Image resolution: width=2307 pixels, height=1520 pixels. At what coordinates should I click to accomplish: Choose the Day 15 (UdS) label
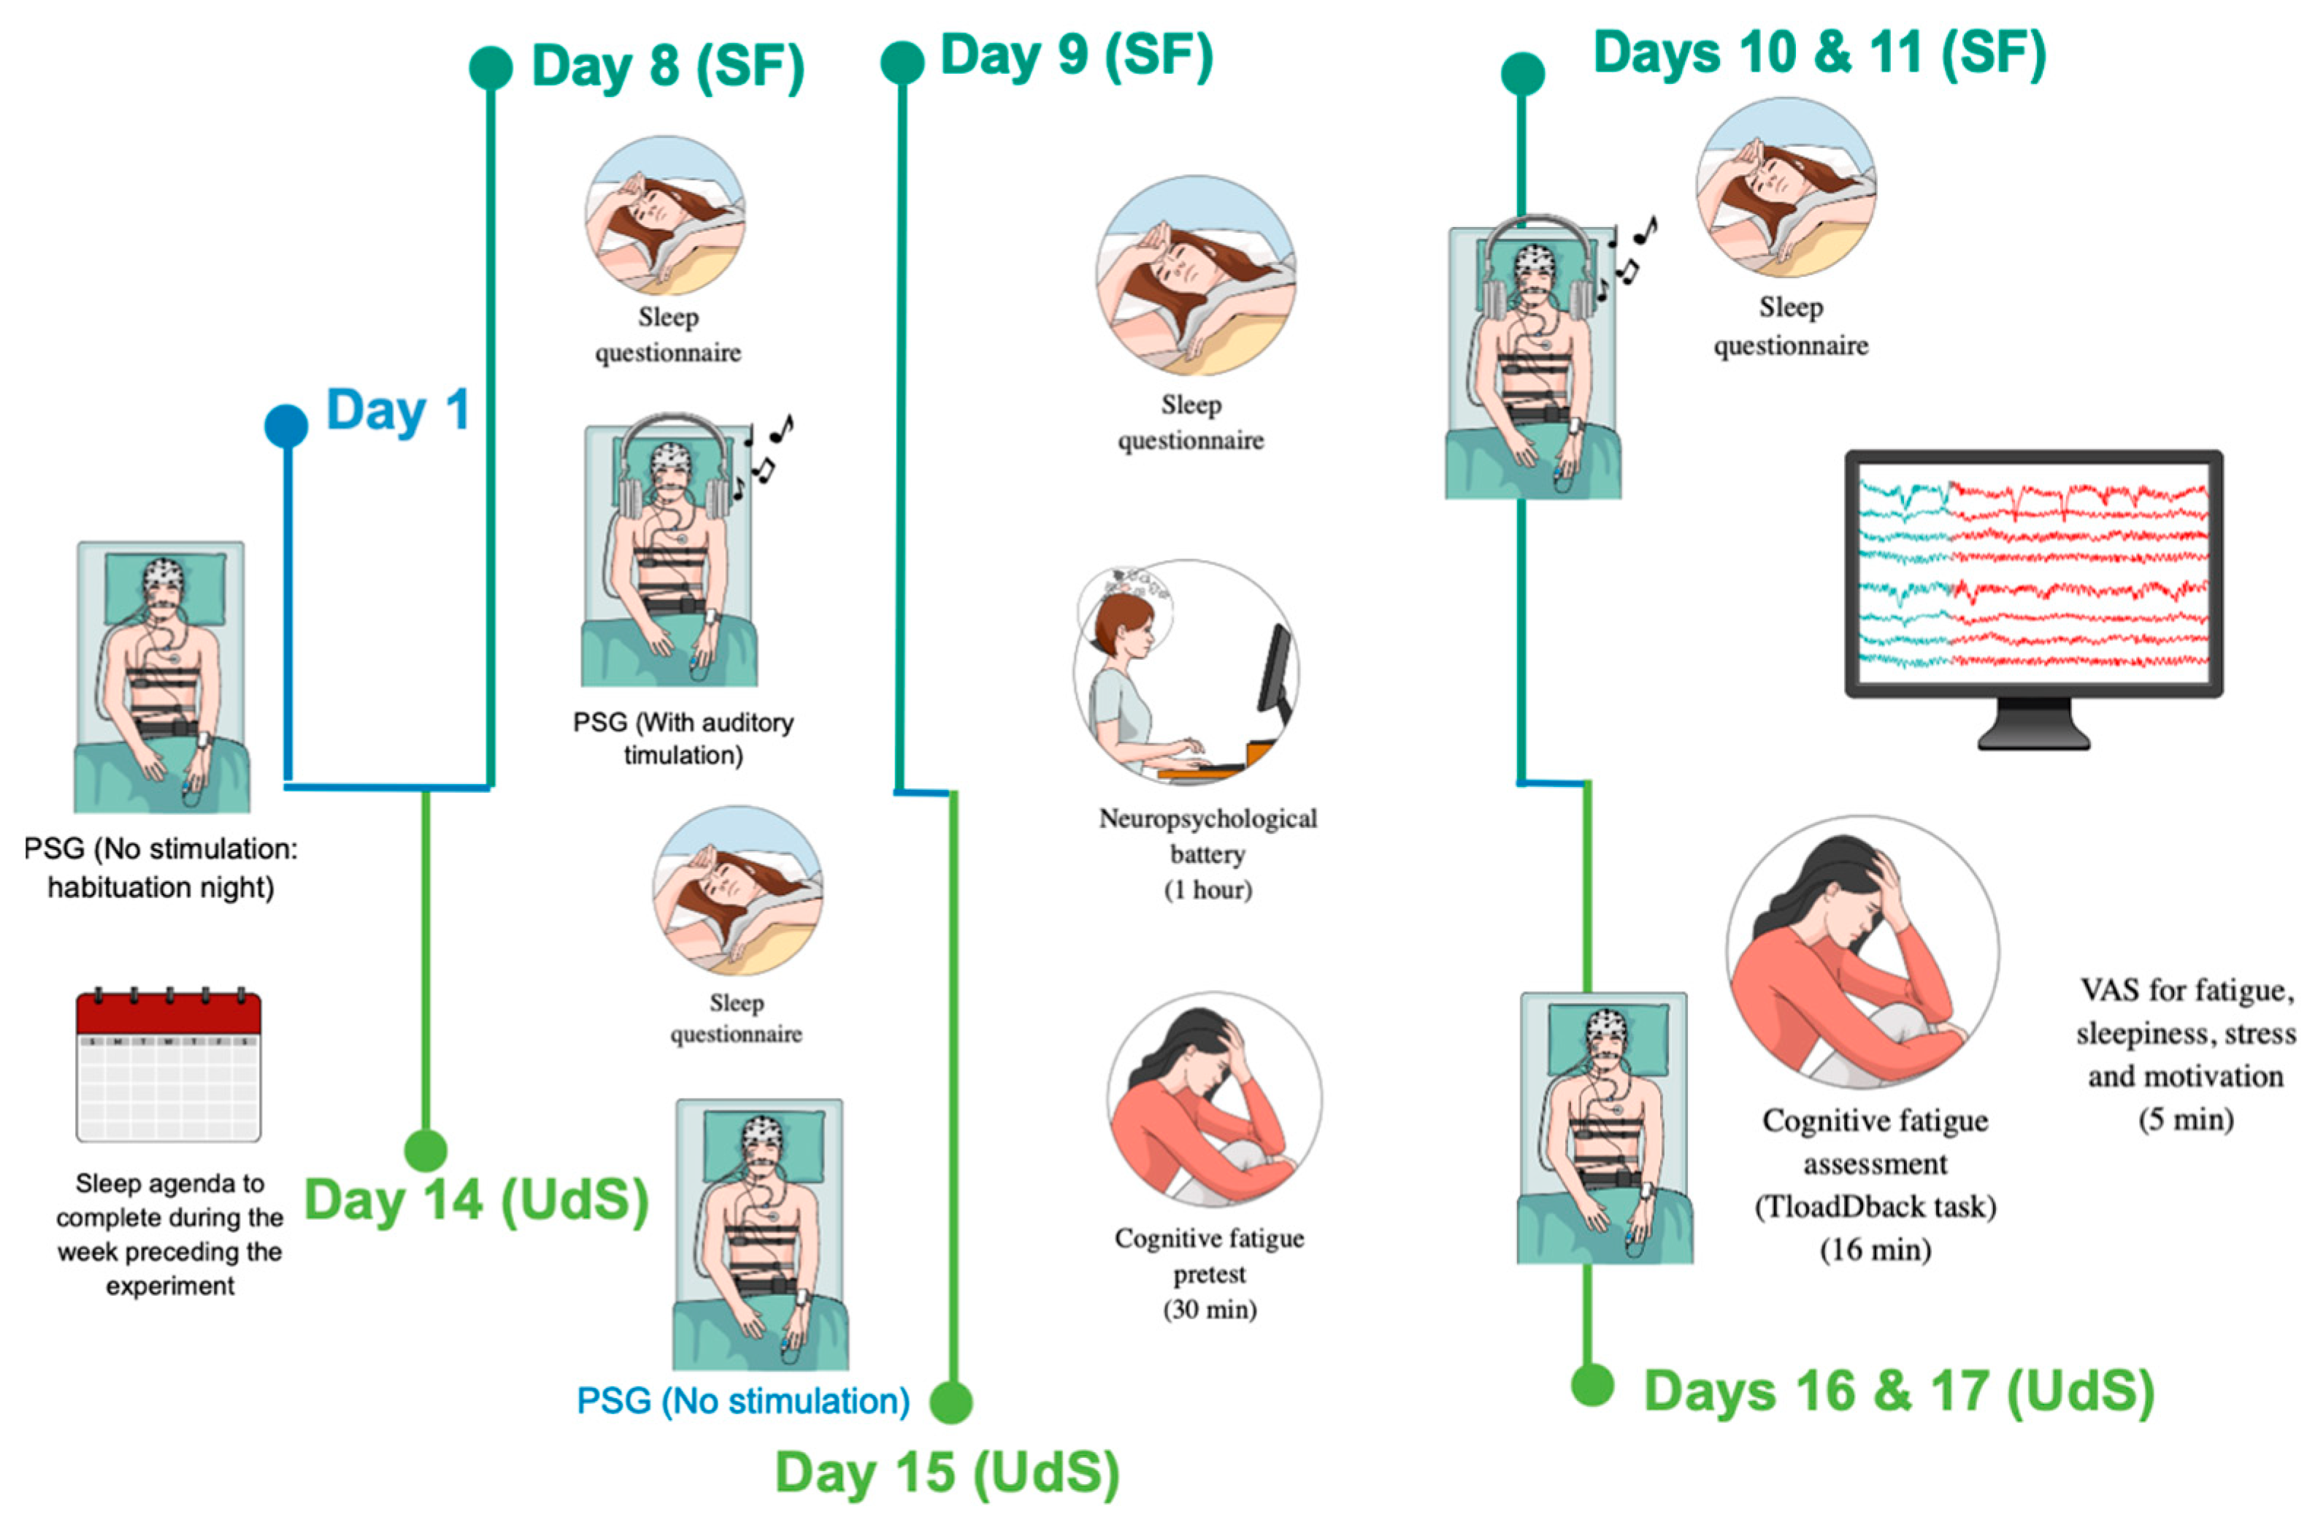pos(947,1472)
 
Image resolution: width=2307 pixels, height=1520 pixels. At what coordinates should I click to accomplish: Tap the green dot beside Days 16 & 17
pos(1592,1384)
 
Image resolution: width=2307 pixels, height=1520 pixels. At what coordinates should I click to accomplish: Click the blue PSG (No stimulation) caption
pos(742,1401)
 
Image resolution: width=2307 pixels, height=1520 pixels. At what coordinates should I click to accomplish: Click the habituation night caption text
pos(161,867)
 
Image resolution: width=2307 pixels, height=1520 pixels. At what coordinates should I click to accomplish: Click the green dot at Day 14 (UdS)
pos(425,1151)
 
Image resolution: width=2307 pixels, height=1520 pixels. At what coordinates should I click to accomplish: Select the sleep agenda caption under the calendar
pos(169,1234)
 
